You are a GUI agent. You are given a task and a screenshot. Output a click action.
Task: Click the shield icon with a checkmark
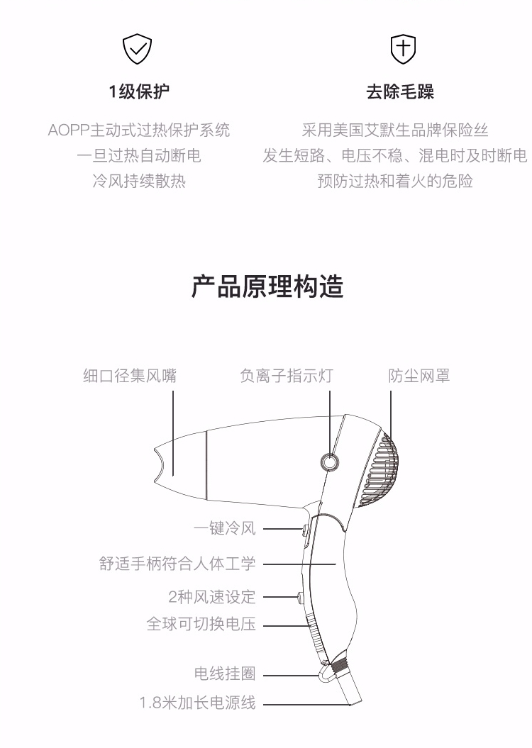click(x=137, y=49)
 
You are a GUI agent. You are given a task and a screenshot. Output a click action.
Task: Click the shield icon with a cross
click(x=403, y=49)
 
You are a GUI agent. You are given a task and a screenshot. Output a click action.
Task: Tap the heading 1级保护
click(x=139, y=91)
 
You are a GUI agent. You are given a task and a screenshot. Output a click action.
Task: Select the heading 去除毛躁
click(x=400, y=91)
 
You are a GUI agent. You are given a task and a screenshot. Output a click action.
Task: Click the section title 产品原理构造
click(x=267, y=286)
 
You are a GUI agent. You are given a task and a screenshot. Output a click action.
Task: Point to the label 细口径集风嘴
click(x=130, y=376)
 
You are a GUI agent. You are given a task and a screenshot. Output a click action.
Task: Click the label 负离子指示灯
click(x=287, y=376)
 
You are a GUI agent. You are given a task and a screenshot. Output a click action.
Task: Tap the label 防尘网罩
click(x=419, y=376)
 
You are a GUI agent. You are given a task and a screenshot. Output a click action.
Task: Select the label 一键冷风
click(x=225, y=528)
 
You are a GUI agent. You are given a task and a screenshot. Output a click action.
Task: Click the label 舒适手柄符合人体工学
click(x=177, y=564)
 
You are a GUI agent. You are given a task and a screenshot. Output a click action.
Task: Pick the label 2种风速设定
click(x=212, y=597)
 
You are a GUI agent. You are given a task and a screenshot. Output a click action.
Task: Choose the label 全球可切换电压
click(x=201, y=623)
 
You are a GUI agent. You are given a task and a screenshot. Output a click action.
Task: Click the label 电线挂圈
click(x=225, y=674)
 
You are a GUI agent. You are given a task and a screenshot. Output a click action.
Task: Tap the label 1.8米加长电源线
click(x=197, y=703)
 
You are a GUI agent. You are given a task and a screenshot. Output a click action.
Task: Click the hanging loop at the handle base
click(x=327, y=673)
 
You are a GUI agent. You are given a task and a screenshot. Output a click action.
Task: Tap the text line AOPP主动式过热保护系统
click(x=139, y=130)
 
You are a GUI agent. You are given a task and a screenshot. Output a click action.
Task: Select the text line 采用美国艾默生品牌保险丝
click(x=395, y=130)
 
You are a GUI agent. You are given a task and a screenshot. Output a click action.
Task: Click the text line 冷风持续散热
click(x=139, y=181)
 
